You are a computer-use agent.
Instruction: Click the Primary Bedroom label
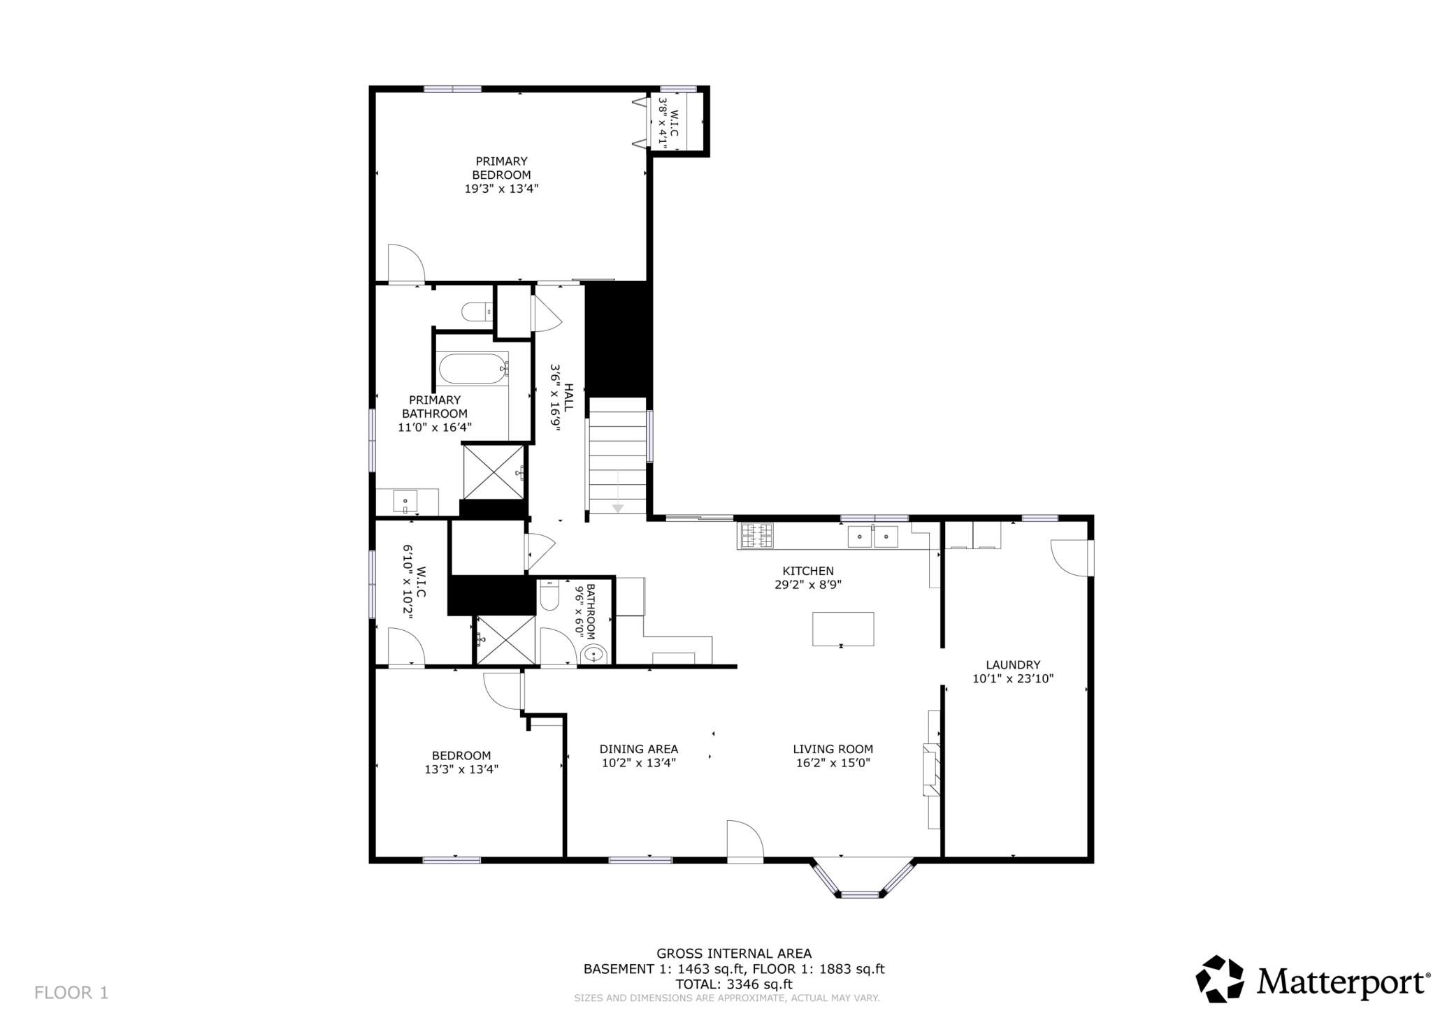(x=501, y=168)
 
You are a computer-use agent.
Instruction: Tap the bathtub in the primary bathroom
(x=473, y=369)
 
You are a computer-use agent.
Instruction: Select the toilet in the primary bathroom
(x=478, y=312)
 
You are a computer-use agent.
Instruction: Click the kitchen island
(x=842, y=629)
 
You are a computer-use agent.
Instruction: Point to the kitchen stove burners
(x=757, y=536)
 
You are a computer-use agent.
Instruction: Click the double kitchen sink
(x=872, y=537)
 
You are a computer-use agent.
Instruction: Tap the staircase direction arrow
(x=617, y=493)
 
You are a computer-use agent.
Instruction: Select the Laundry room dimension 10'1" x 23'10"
(x=1013, y=678)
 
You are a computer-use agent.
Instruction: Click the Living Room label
(x=833, y=750)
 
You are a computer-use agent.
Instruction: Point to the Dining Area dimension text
(x=639, y=763)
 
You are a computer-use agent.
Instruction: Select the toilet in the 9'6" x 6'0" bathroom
(x=549, y=595)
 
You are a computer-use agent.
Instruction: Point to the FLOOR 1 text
(x=71, y=993)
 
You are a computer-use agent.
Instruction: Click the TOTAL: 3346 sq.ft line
(x=733, y=984)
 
